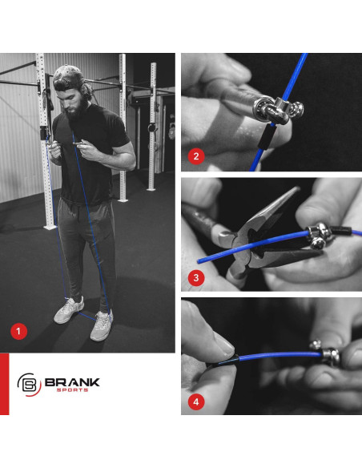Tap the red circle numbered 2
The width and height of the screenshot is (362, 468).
tap(193, 155)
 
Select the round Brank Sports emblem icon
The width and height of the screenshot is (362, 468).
tap(29, 385)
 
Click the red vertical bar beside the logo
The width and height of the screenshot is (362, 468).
tap(4, 384)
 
